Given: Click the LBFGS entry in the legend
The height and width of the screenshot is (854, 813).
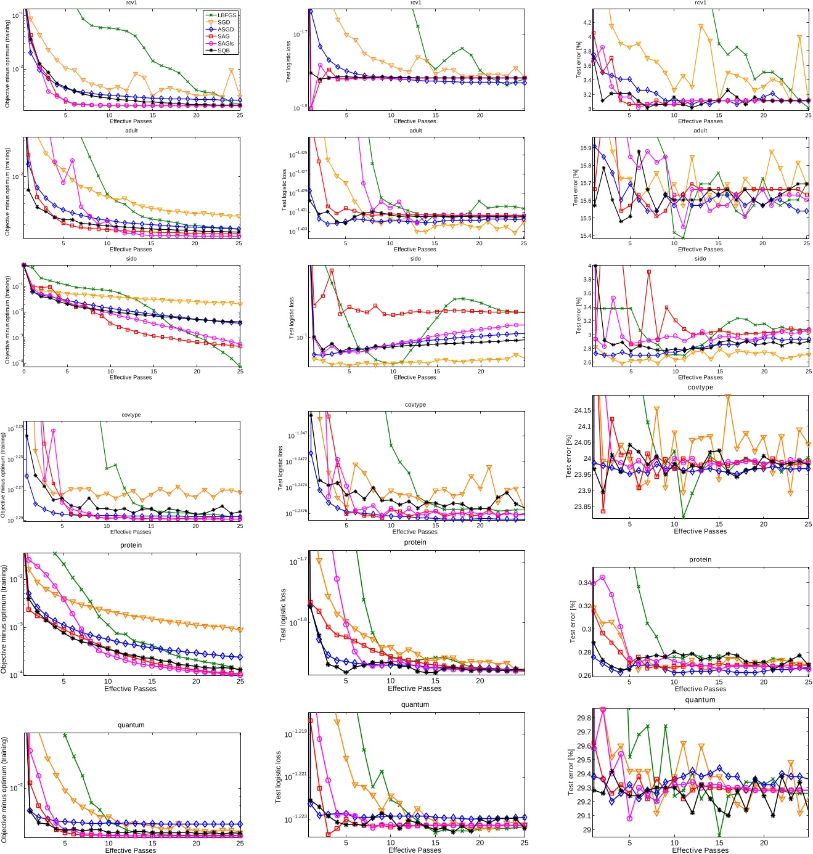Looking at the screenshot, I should click(x=226, y=15).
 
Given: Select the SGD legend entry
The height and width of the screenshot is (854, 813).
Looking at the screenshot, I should click(x=223, y=22).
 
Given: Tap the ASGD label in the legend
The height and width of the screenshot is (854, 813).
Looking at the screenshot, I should click(x=225, y=30).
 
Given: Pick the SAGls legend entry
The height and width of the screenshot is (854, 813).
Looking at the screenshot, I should click(x=226, y=44).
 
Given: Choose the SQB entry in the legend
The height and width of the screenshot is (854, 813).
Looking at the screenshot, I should click(x=223, y=51).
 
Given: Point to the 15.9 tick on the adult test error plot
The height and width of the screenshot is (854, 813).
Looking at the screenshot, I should click(x=584, y=148).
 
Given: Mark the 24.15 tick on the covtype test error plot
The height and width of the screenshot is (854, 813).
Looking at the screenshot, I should click(x=582, y=410).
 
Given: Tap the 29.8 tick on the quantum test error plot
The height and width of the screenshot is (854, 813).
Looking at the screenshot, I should click(x=583, y=718).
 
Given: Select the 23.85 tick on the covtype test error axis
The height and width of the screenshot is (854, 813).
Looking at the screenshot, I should click(x=582, y=507).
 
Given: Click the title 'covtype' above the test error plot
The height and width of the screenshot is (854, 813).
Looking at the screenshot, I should click(x=700, y=388).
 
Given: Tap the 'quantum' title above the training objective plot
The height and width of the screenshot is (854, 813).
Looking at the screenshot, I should click(x=131, y=725).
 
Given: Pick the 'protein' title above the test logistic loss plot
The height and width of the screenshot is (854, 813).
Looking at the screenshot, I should click(x=415, y=542).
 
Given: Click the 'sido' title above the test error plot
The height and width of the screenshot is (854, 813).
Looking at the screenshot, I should click(x=700, y=259).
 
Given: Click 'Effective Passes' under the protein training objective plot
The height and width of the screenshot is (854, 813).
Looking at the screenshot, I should click(x=130, y=688).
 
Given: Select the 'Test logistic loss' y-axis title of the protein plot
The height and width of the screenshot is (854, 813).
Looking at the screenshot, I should click(x=283, y=615).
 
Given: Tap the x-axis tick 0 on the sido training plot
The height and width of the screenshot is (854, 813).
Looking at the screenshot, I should click(x=24, y=372).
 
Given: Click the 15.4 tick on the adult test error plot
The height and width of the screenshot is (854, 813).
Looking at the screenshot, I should click(x=584, y=236).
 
